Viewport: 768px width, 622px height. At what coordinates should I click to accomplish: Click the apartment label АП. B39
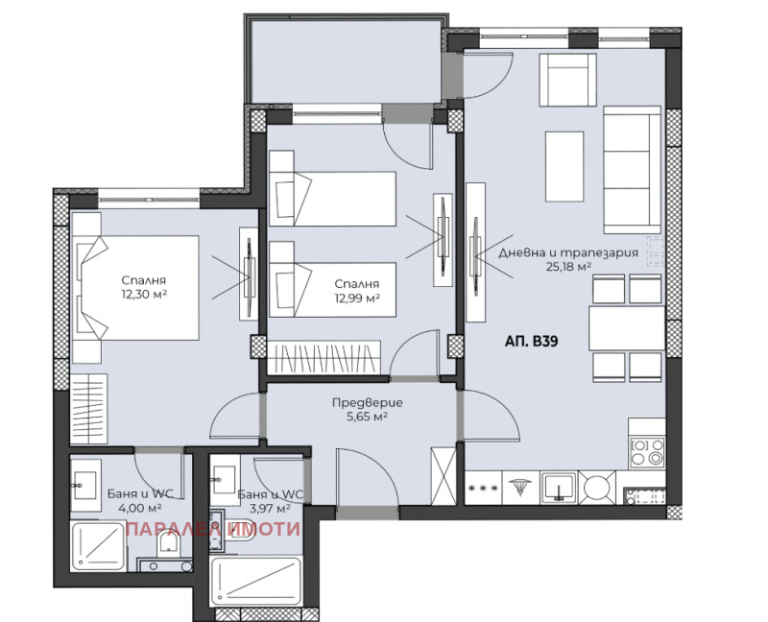(x=531, y=341)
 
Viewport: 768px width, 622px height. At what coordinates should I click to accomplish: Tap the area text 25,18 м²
(x=568, y=267)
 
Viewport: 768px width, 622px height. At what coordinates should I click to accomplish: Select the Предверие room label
(x=368, y=402)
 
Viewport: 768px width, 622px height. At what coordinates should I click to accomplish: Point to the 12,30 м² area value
(x=144, y=294)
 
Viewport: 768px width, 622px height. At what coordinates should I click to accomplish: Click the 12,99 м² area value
(x=357, y=298)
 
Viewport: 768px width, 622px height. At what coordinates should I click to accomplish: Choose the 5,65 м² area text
(x=368, y=417)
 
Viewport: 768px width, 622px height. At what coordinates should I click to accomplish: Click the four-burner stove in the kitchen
(x=646, y=451)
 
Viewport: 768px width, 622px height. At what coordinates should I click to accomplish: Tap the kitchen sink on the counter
(x=559, y=488)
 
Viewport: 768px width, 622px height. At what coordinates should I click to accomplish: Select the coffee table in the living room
(x=564, y=166)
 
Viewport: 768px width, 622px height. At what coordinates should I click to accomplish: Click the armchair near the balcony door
(x=567, y=80)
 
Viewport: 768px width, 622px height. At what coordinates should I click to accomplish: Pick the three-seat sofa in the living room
(x=633, y=170)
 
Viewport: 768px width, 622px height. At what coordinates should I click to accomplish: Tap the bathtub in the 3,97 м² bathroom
(x=255, y=583)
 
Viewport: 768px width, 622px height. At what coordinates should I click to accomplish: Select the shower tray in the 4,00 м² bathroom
(x=98, y=546)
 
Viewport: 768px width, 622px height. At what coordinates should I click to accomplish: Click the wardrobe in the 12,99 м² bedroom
(x=324, y=357)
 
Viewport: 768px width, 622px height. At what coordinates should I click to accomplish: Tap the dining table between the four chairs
(x=627, y=327)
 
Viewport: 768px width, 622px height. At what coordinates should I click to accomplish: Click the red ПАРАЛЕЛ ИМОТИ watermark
(x=213, y=529)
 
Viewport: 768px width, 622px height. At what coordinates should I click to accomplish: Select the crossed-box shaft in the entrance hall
(x=444, y=475)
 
